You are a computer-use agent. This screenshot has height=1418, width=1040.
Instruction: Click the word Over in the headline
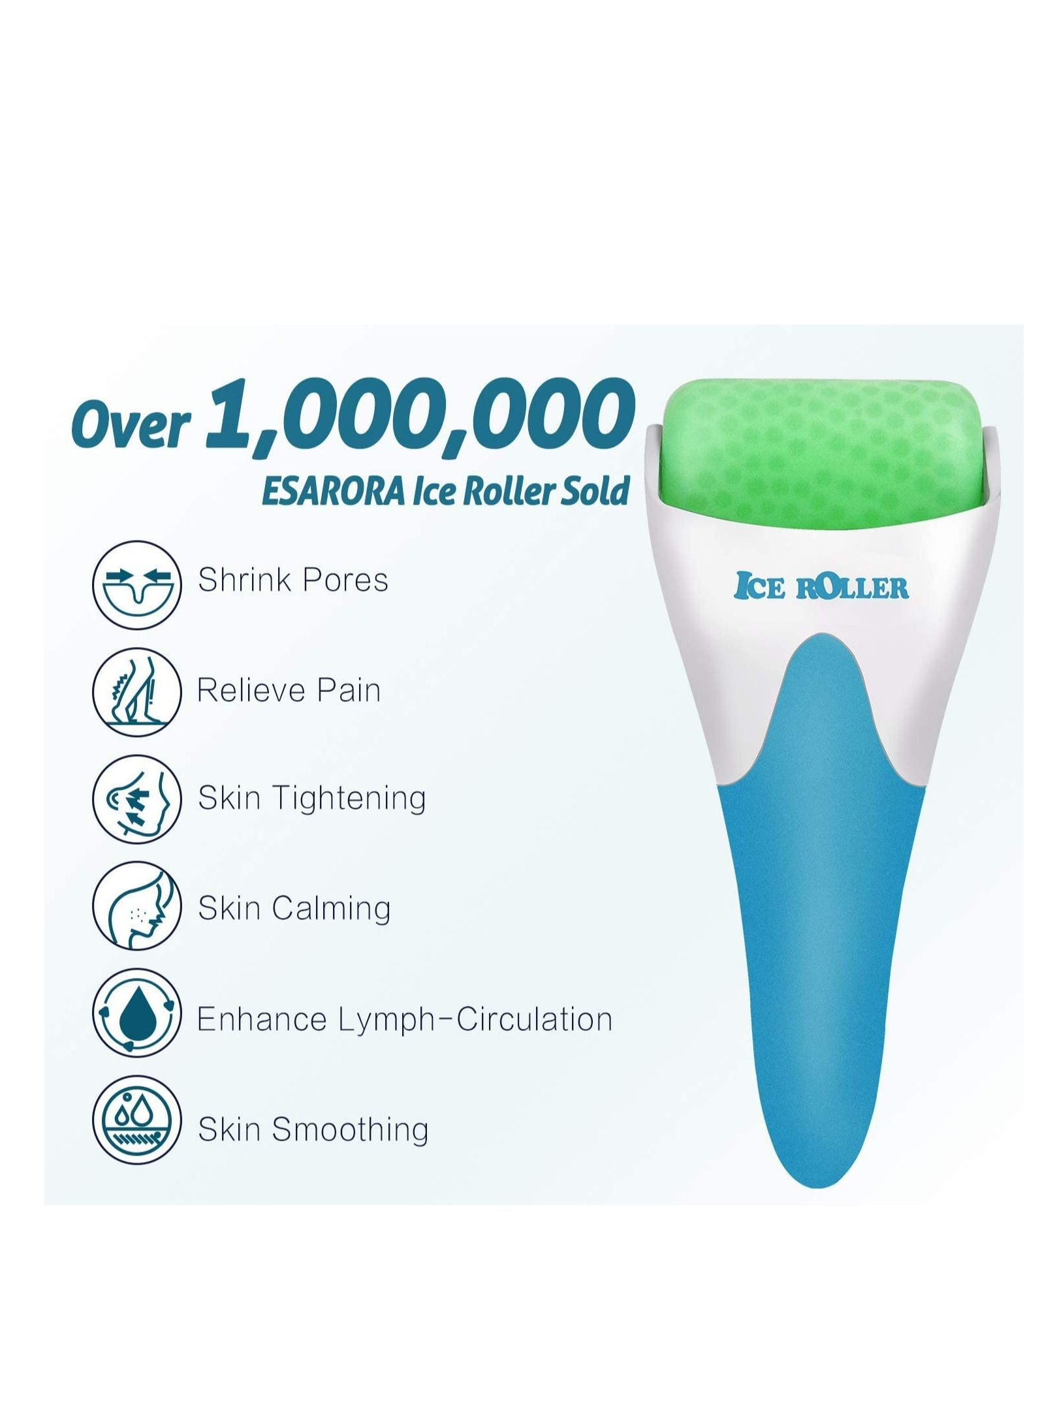131,426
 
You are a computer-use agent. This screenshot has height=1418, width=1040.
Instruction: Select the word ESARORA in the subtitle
332,492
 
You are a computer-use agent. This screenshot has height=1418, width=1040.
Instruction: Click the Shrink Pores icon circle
136,584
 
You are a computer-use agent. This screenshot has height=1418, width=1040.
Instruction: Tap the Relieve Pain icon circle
136,693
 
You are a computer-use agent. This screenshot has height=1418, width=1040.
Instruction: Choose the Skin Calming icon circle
136,907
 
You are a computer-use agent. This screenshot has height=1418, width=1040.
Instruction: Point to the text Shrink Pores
293,580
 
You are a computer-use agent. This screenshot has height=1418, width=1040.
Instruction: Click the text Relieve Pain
289,690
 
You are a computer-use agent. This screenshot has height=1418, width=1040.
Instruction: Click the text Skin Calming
294,909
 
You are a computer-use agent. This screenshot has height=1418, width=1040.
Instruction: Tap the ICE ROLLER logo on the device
821,586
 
